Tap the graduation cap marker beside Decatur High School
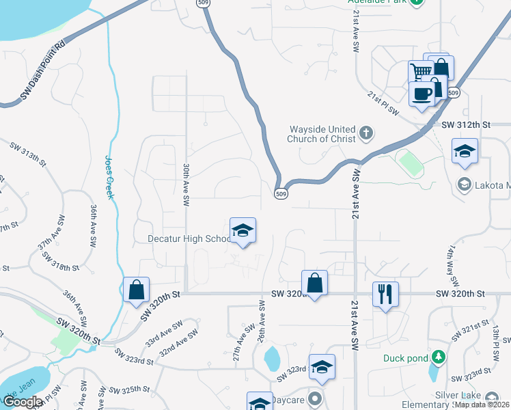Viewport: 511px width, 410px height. (x=243, y=231)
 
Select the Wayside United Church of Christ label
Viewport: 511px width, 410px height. (x=322, y=134)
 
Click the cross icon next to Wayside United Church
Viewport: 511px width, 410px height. (x=366, y=133)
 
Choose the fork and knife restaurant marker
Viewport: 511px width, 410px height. (x=385, y=295)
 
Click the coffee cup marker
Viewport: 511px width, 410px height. (x=422, y=94)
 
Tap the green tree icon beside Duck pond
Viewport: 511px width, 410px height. (x=438, y=357)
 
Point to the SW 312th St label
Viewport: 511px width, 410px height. (x=467, y=125)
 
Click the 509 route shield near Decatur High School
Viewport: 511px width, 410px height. (x=281, y=194)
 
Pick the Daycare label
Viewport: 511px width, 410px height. (x=288, y=399)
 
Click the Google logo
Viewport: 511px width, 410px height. (x=23, y=402)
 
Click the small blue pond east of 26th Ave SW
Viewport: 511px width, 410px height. (x=271, y=357)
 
